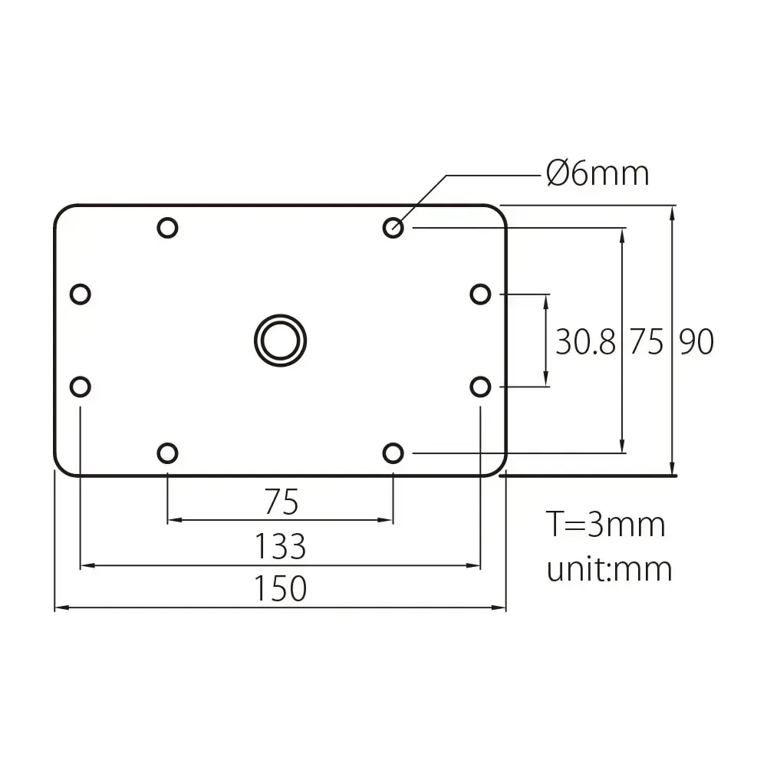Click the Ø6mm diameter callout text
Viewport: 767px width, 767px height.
pos(597,174)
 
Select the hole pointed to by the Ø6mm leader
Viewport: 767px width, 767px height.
pos(393,227)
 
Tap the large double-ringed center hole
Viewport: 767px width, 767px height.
pos(280,338)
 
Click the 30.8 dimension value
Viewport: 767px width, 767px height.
pos(585,342)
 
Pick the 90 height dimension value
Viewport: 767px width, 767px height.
pos(696,342)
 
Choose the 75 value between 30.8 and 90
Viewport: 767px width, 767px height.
pos(646,342)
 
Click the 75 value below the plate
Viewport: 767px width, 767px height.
pos(281,503)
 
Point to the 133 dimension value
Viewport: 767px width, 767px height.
pos(281,548)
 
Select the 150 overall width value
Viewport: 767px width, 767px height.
pos(281,589)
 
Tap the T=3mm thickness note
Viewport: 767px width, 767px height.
pos(605,525)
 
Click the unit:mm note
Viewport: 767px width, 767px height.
pos(609,569)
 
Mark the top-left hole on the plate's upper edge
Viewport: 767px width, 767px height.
pos(167,227)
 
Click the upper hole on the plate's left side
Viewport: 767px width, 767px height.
pos(80,294)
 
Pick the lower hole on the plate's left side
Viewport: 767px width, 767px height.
pos(80,387)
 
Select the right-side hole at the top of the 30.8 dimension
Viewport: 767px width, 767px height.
pos(480,294)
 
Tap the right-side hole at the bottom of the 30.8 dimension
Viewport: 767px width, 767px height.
pos(480,387)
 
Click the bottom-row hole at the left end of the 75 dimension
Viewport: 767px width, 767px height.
pos(167,453)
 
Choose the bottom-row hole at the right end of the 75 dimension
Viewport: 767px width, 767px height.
pos(393,453)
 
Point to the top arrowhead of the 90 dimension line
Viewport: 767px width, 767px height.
pos(673,212)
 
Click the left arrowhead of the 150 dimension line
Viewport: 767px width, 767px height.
pos(59,608)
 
